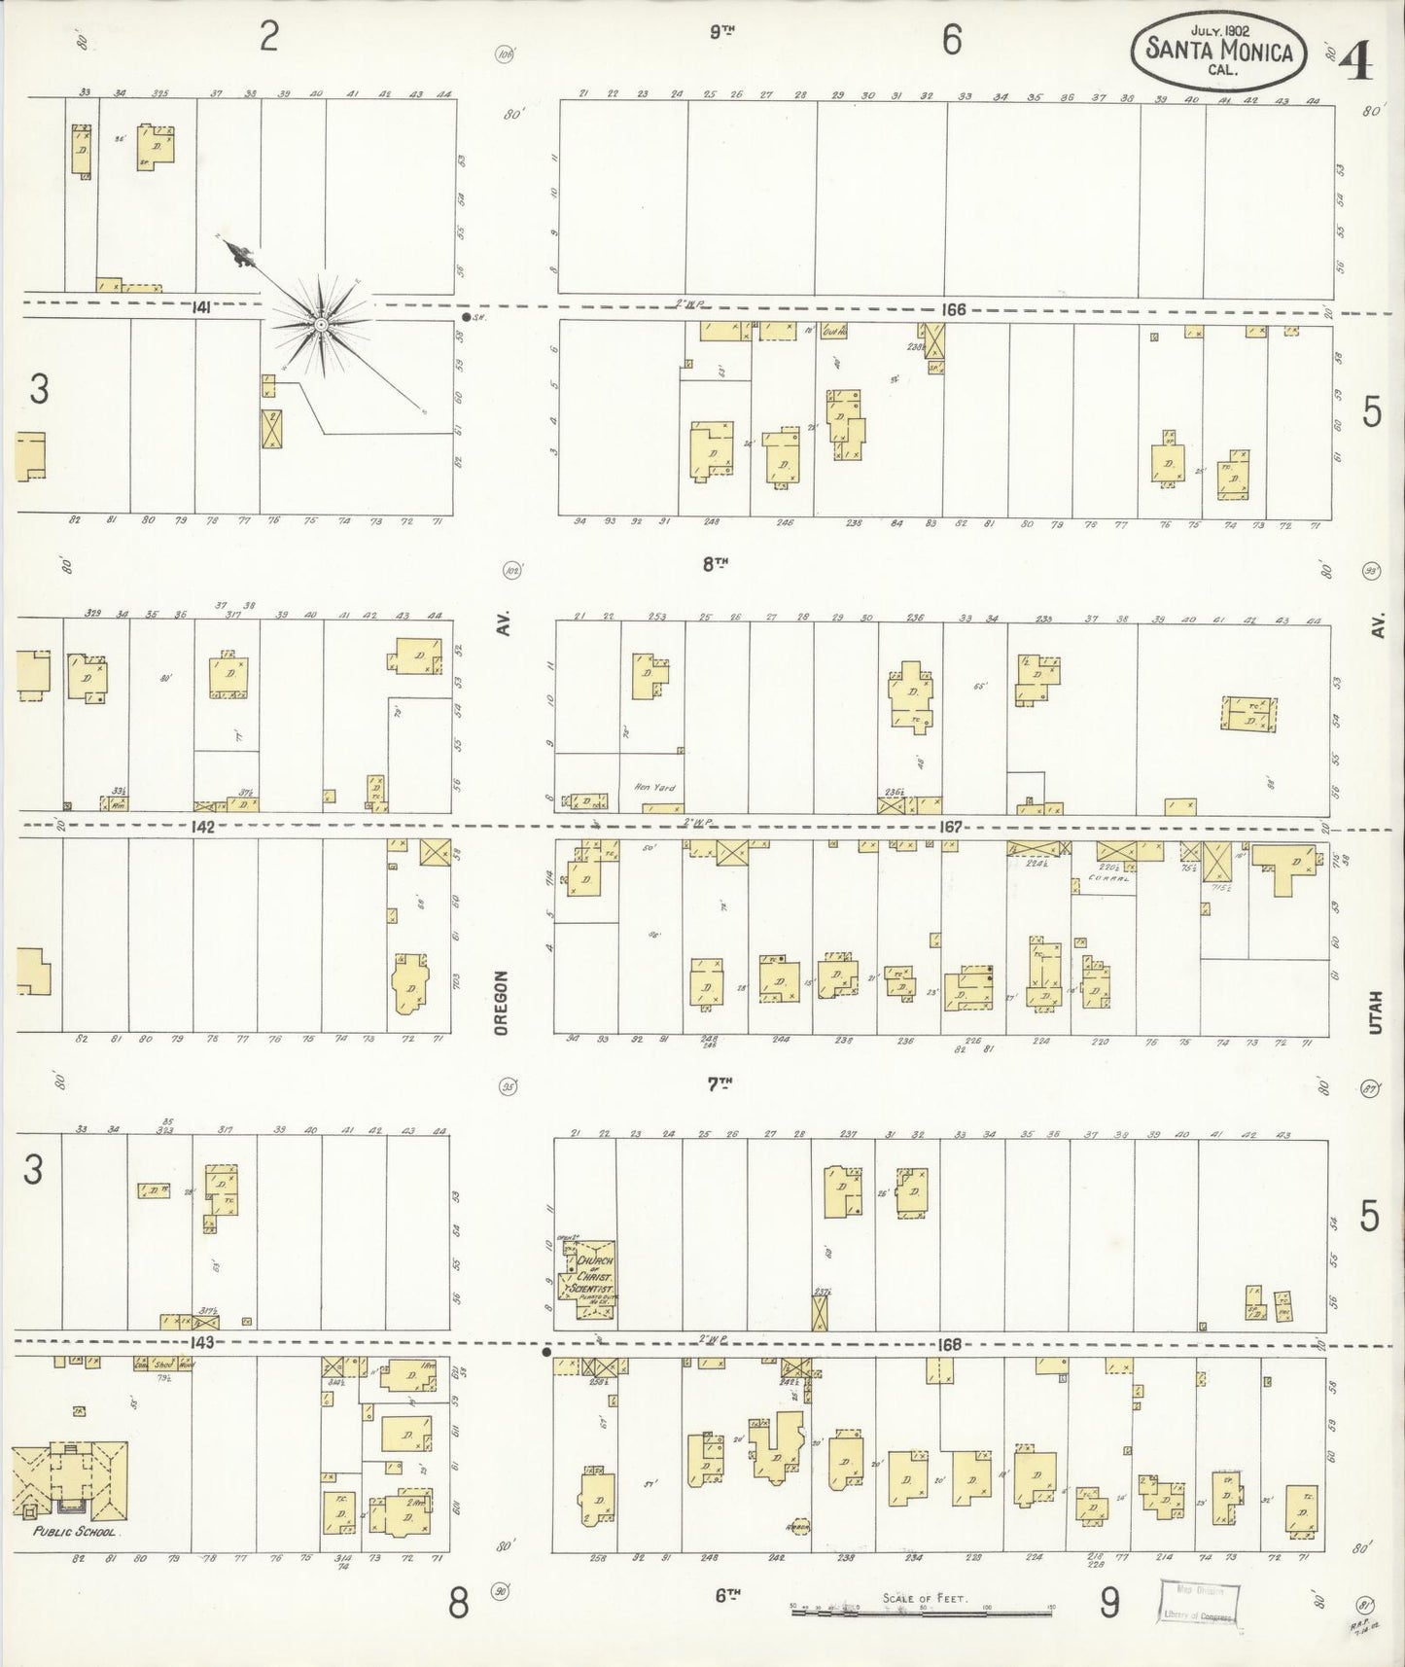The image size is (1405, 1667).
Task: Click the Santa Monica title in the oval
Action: [x=1219, y=51]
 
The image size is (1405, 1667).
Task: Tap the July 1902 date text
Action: [x=1219, y=30]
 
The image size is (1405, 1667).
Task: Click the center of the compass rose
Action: [x=320, y=323]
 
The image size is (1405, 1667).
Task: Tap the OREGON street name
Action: [x=502, y=1002]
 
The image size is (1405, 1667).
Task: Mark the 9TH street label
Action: [x=720, y=31]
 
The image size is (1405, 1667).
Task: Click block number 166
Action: [x=953, y=309]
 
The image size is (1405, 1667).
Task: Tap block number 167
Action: [x=950, y=827]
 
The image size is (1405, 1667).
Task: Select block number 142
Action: [x=202, y=827]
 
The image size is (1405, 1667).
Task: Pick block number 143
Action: [x=201, y=1343]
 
